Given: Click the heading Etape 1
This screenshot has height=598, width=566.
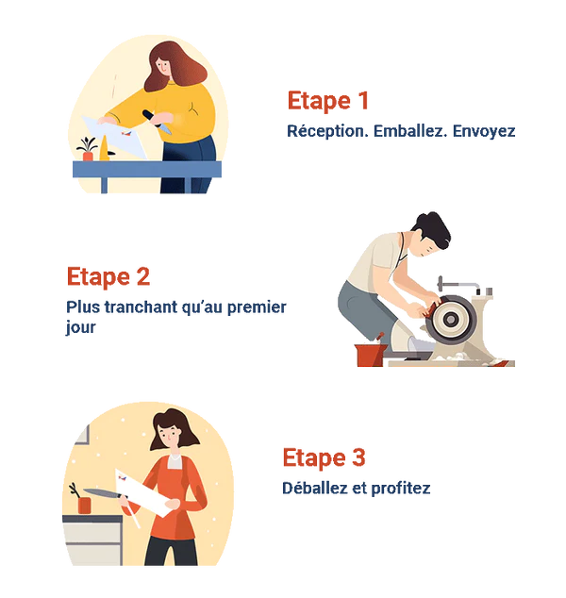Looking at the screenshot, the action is click(x=328, y=101).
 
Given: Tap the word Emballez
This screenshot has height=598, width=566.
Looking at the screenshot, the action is click(x=410, y=131).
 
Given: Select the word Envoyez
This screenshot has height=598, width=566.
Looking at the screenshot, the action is click(x=484, y=131).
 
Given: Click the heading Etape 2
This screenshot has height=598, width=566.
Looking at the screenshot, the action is click(x=108, y=277).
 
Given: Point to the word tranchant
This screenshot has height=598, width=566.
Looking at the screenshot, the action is click(x=141, y=307).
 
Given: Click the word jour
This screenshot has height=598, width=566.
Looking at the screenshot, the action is click(x=80, y=327).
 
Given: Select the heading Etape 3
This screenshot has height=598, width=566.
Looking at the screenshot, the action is click(x=324, y=457).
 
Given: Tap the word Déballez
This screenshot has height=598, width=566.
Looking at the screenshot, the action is click(x=315, y=489).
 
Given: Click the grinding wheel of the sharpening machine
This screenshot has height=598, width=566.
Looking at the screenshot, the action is click(x=451, y=319).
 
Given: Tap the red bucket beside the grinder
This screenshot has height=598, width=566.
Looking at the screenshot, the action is click(x=369, y=355).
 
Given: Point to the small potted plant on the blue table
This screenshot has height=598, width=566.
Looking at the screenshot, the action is click(x=88, y=149).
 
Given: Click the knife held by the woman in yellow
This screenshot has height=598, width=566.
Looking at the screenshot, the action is click(x=158, y=122).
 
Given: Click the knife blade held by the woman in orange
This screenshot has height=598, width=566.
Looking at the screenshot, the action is click(x=100, y=492).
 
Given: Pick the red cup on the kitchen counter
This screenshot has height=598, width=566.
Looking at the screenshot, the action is click(x=84, y=506).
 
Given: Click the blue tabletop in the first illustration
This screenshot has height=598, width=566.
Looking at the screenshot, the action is click(x=147, y=169).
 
